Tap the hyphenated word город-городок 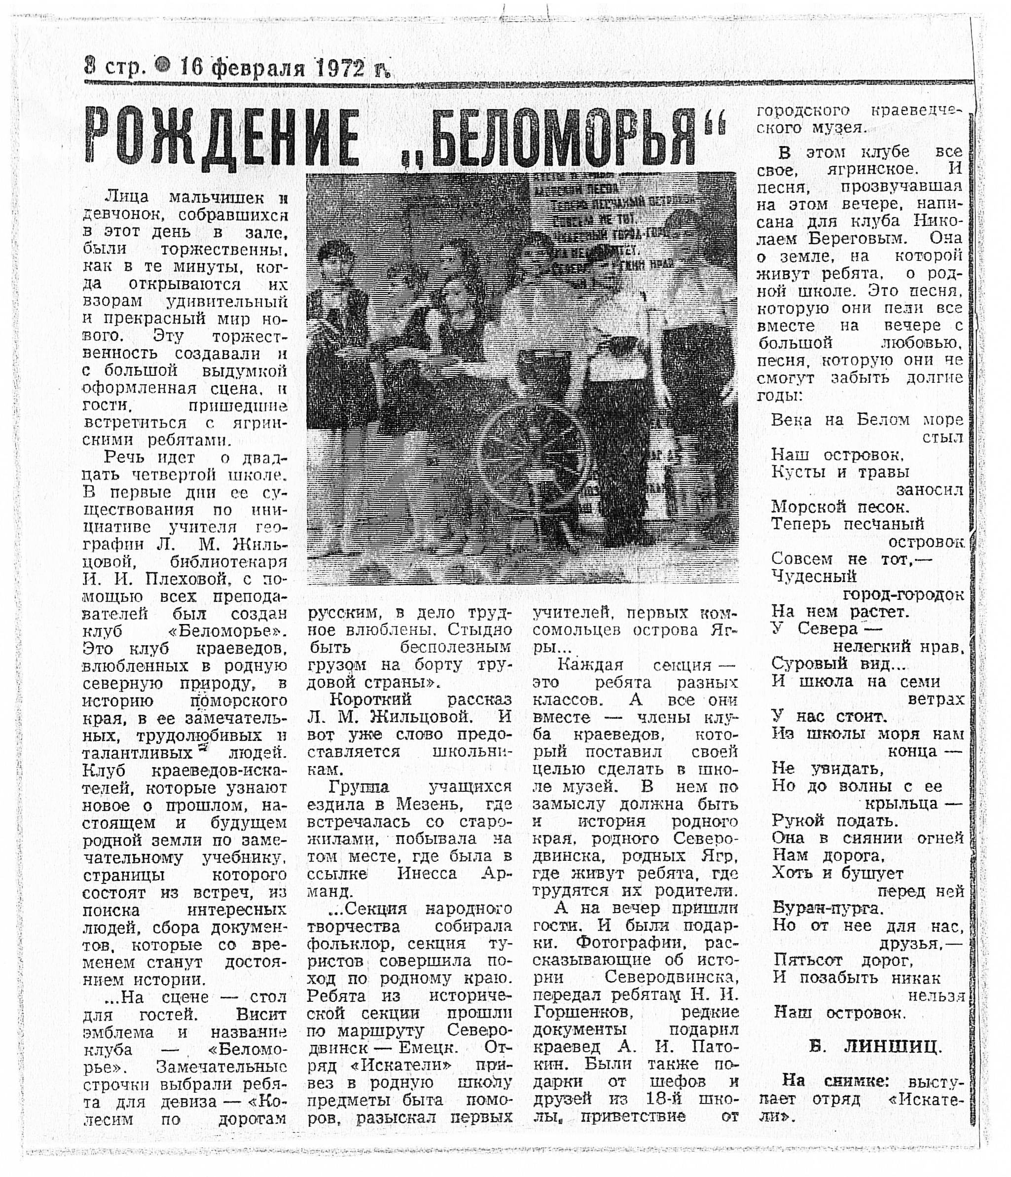(903, 594)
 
